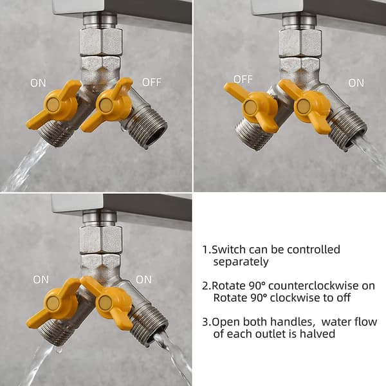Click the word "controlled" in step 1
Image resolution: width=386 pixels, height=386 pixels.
point(313,250)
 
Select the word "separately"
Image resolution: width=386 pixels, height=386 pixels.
point(241,262)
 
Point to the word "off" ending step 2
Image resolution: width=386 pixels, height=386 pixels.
point(345,298)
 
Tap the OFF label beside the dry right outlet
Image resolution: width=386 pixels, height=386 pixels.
point(152,82)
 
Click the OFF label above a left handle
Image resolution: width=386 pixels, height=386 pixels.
point(243,79)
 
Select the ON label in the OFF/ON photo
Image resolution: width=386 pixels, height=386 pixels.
point(356,83)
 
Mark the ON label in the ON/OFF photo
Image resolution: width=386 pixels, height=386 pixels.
point(38,83)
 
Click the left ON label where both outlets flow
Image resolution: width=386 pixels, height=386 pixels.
point(41,280)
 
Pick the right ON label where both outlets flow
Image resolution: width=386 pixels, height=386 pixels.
point(143,279)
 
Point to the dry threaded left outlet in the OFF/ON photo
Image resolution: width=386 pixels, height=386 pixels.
point(251,135)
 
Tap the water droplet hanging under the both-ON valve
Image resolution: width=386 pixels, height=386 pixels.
point(59,350)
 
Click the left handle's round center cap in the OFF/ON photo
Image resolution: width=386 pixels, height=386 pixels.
point(250,106)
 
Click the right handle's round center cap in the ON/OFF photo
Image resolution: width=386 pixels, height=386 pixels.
point(106,104)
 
